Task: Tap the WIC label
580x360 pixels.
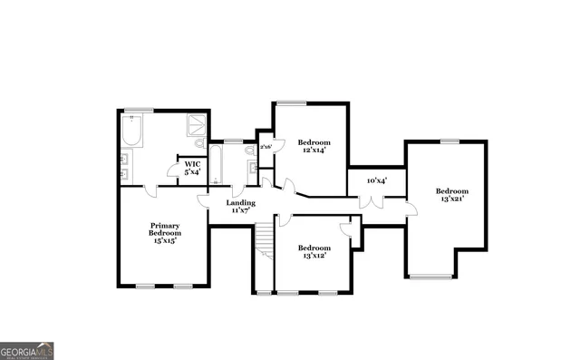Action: click(192, 164)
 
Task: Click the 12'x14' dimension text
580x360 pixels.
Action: click(313, 150)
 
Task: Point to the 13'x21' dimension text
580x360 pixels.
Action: click(451, 199)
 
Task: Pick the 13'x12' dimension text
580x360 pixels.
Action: click(314, 256)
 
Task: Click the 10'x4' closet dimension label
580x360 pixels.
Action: click(377, 180)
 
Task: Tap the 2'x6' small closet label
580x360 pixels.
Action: click(266, 146)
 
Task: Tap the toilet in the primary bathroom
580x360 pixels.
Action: click(199, 143)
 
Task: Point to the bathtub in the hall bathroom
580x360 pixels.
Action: click(218, 164)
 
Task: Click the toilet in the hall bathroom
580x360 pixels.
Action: click(249, 151)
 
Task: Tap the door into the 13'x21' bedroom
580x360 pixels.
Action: click(411, 209)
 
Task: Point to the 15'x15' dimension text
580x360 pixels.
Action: click(165, 240)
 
